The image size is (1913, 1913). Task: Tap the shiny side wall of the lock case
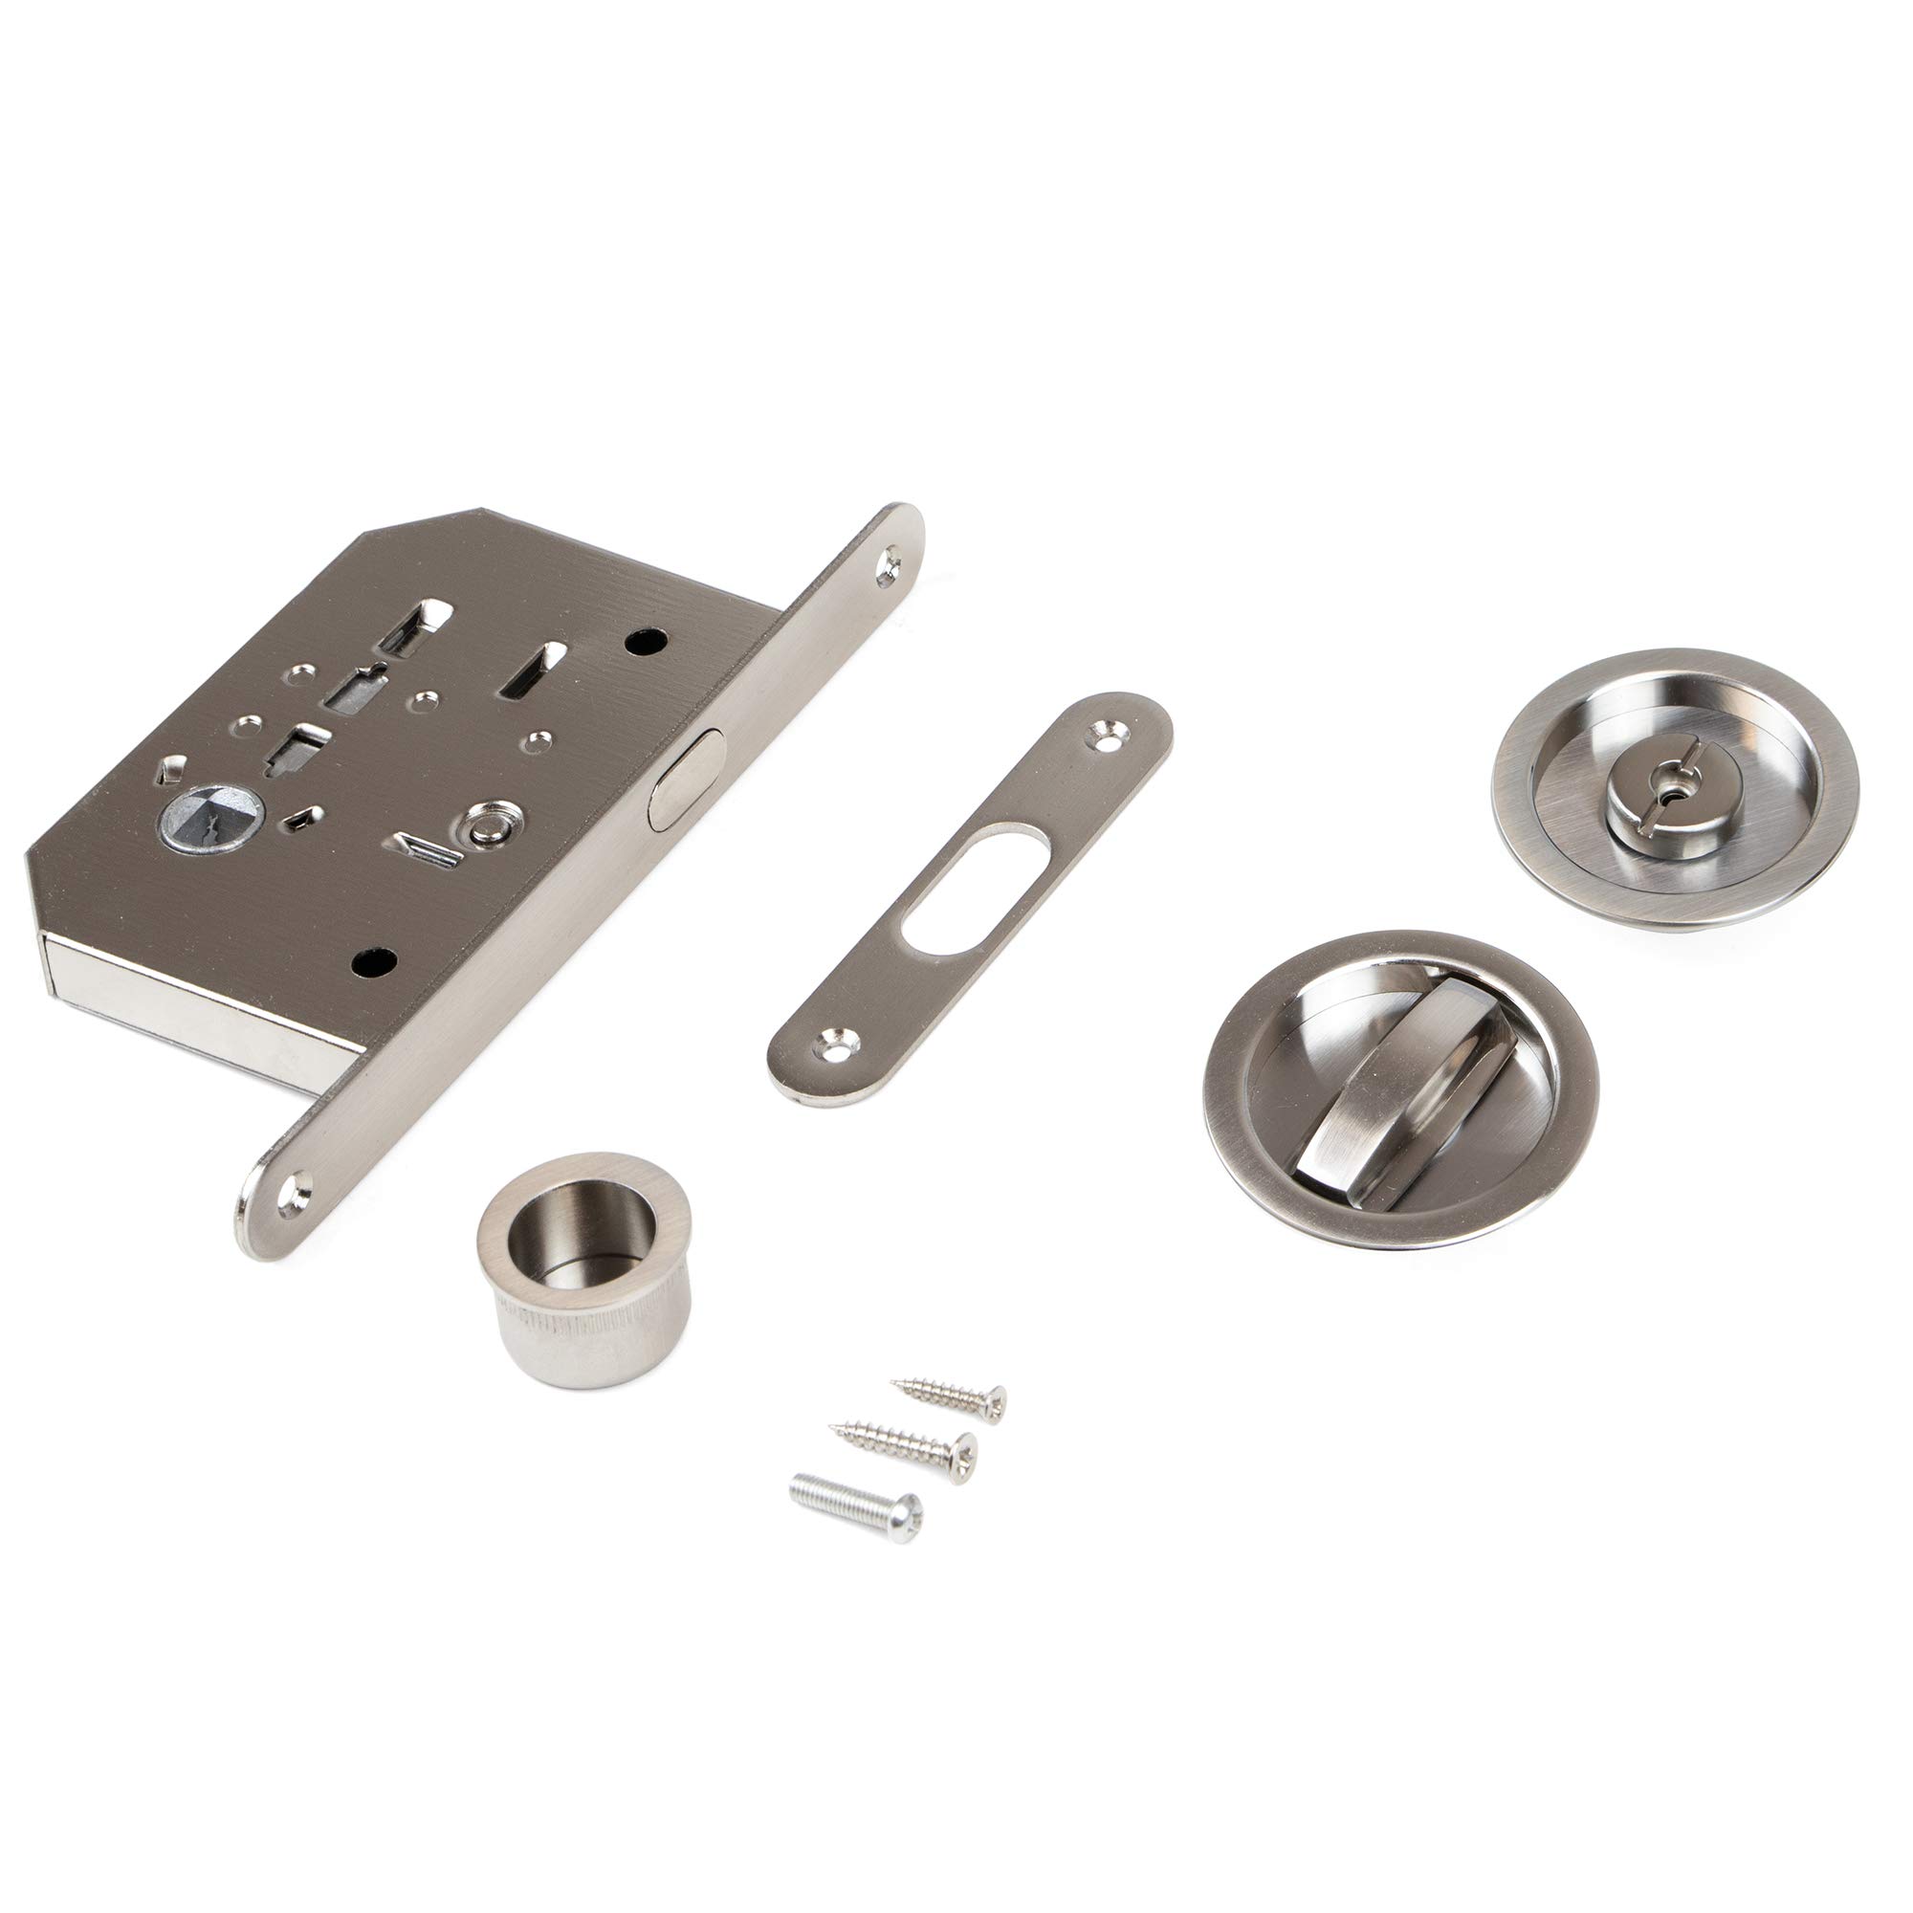pyautogui.click(x=188, y=1010)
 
